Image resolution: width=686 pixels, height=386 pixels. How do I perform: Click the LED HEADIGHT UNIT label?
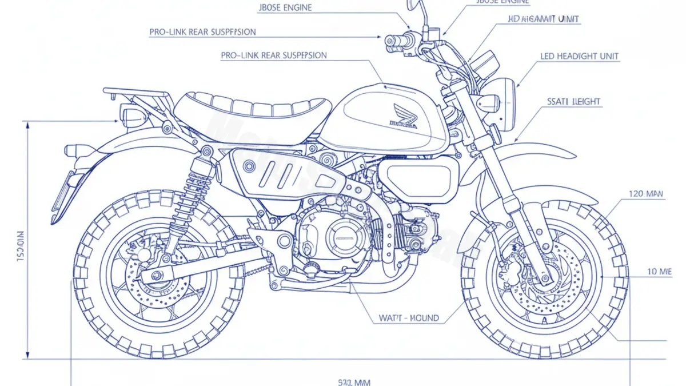click(x=579, y=57)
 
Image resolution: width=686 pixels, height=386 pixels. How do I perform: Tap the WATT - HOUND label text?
click(x=409, y=318)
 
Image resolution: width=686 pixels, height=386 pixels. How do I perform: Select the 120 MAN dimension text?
click(x=646, y=194)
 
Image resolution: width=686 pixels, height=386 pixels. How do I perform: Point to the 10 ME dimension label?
click(x=659, y=272)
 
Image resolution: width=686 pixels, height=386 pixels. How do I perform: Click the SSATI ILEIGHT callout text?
click(x=573, y=102)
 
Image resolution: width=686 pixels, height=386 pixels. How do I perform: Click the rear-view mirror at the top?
click(x=414, y=5)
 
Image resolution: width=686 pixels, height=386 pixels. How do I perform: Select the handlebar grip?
click(x=394, y=40)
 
